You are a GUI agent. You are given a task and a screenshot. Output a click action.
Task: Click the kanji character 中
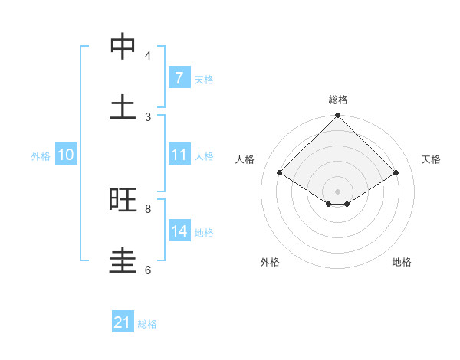click(123, 47)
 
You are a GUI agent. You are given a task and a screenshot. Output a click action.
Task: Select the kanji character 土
click(123, 108)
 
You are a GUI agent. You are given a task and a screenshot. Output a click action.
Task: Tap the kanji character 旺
click(123, 200)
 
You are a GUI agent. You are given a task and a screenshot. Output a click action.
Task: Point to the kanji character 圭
click(123, 261)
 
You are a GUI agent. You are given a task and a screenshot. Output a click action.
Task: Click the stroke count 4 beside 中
click(148, 56)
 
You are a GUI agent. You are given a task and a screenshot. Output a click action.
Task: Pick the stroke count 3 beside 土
click(148, 117)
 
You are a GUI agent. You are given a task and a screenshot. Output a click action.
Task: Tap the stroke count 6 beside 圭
click(148, 270)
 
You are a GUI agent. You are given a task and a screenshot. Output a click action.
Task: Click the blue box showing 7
click(179, 78)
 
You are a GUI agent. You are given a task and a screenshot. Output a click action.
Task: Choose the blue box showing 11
click(179, 155)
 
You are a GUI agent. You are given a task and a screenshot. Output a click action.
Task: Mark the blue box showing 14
click(179, 231)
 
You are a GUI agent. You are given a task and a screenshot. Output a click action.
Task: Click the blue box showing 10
click(65, 155)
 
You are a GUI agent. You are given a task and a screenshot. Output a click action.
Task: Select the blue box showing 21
click(122, 323)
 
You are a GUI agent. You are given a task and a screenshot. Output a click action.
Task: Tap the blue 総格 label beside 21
click(147, 324)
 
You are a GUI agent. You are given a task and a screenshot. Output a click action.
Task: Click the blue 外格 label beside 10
click(41, 155)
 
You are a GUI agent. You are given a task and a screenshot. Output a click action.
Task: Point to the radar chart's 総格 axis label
click(338, 100)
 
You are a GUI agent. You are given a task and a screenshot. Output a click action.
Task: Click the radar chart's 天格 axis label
click(431, 159)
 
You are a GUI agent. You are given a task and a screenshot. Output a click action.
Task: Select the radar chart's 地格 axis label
click(402, 262)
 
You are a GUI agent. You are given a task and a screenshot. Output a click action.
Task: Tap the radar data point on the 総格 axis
click(338, 116)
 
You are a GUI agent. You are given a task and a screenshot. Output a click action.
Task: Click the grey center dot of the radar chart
click(338, 191)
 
